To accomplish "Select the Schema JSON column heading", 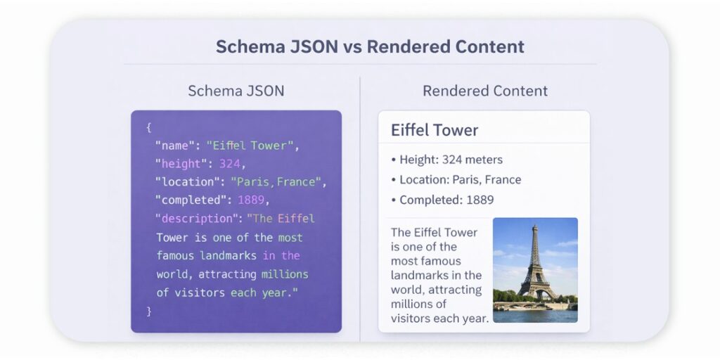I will tap(236, 91).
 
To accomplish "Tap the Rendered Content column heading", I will tap(485, 91).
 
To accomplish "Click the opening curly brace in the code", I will tap(149, 127).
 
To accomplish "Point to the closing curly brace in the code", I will tap(149, 310).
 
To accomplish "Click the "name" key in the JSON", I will tap(172, 146).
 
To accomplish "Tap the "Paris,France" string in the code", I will tap(276, 182).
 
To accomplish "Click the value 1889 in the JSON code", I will tap(250, 200).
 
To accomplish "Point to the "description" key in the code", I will tap(197, 219).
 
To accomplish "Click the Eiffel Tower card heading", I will tap(435, 130).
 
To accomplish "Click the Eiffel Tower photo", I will tap(535, 269).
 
